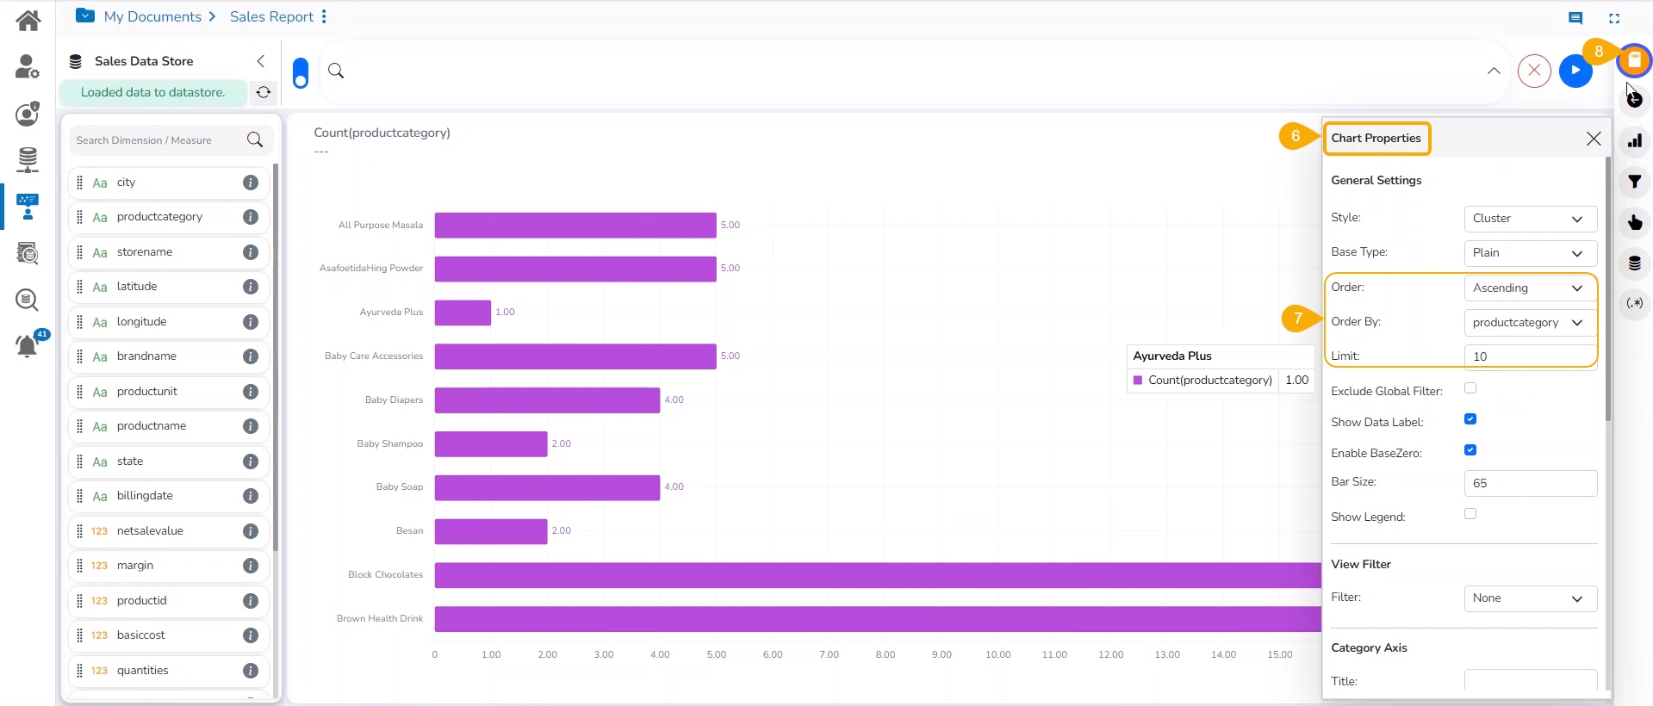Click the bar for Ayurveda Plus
[x=463, y=313]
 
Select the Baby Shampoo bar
[x=490, y=444]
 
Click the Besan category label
[x=409, y=531]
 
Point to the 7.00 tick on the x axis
[x=829, y=655]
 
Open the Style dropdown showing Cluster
[x=1530, y=219]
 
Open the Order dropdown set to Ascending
[x=1530, y=288]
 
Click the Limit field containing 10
[x=1530, y=356]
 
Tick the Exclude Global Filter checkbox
[x=1470, y=388]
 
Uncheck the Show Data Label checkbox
[x=1470, y=419]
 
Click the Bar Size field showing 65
[x=1530, y=483]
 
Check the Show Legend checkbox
[x=1470, y=514]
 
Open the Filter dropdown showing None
[x=1530, y=598]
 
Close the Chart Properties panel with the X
[x=1594, y=139]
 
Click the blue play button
[x=1575, y=71]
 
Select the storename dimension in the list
[x=145, y=252]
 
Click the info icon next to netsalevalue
[x=251, y=531]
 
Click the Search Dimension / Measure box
[x=159, y=140]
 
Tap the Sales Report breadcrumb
[x=271, y=16]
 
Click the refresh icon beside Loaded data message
[x=264, y=92]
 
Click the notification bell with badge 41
[x=28, y=346]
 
